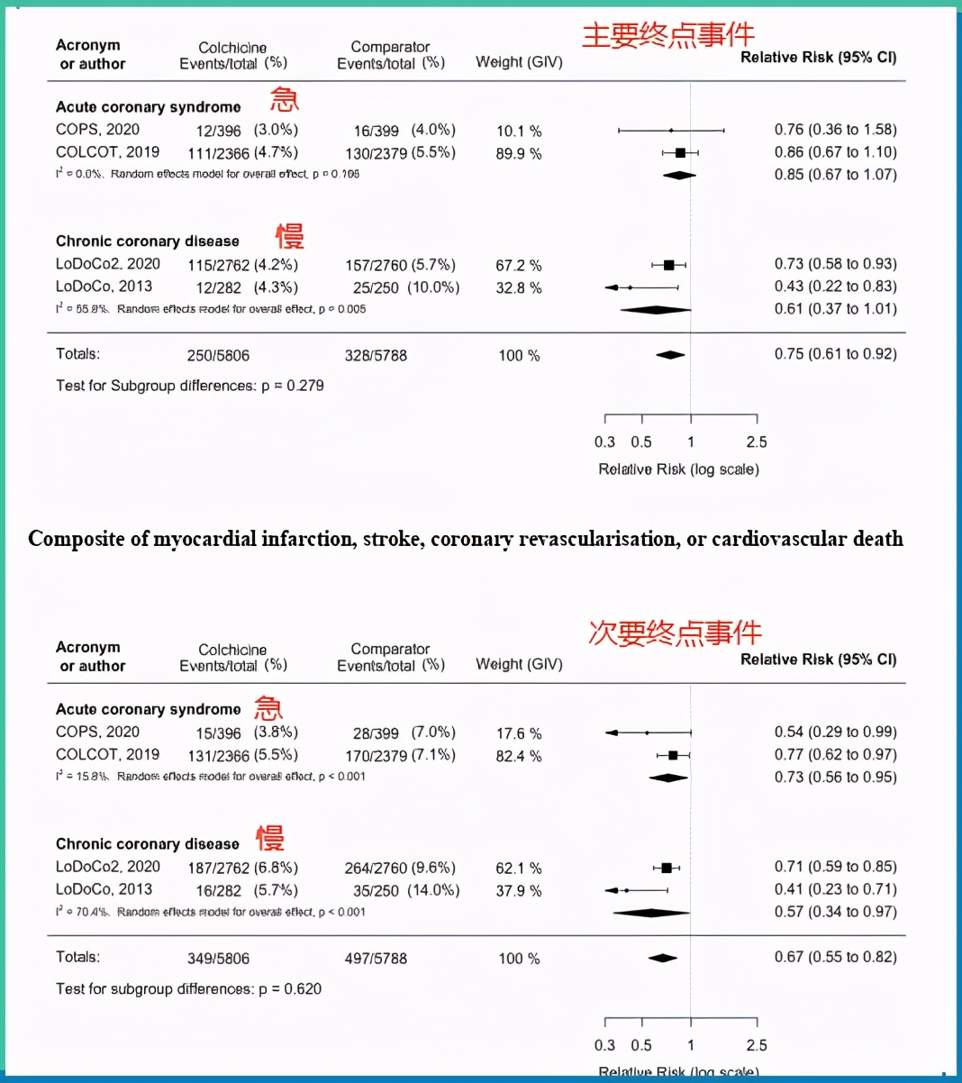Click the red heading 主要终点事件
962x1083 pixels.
pos(667,35)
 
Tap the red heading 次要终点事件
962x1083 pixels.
pos(675,633)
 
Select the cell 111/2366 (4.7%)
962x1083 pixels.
pos(242,152)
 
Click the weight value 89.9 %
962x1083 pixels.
pos(519,153)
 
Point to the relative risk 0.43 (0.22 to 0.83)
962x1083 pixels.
pos(835,287)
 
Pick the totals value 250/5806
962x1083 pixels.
pos(218,356)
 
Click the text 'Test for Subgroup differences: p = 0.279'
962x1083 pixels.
pos(190,386)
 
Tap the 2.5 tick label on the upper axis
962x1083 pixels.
pos(757,441)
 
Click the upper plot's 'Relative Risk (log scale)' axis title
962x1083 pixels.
pos(678,469)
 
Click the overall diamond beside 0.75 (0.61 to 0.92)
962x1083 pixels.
pos(670,355)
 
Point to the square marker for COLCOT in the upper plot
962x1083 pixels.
pos(681,153)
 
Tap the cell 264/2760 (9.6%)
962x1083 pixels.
pos(400,869)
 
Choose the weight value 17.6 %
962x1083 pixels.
pos(519,733)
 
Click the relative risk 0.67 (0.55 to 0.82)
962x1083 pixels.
pos(835,957)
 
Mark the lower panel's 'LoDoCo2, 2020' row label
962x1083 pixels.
pos(108,867)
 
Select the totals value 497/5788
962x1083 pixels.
pos(376,959)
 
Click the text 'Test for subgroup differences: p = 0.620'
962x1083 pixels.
pos(188,988)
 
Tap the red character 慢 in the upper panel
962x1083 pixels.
pos(290,236)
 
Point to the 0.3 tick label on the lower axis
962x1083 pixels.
pos(604,1045)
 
